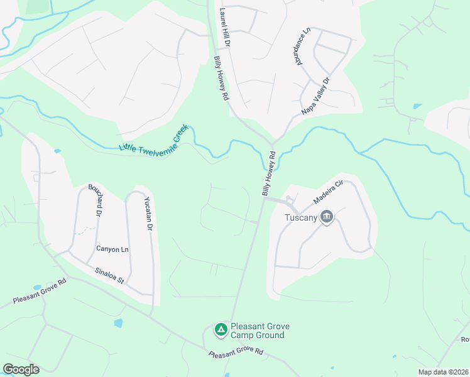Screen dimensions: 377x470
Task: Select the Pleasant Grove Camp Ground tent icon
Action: pos(221,329)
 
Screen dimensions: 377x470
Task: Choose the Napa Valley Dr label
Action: pos(315,96)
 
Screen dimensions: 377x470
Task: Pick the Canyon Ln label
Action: pos(112,249)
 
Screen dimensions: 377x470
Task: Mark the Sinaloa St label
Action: pos(109,275)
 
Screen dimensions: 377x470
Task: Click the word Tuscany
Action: pos(301,218)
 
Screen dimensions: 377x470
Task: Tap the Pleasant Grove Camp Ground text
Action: pos(257,331)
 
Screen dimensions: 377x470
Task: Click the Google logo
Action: pos(21,369)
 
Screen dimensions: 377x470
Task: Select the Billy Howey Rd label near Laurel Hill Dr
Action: pos(221,79)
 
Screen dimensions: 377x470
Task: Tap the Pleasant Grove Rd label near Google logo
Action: pos(40,294)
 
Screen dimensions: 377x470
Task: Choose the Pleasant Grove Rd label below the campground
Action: pos(236,352)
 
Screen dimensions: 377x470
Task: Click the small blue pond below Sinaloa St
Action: pos(118,323)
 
